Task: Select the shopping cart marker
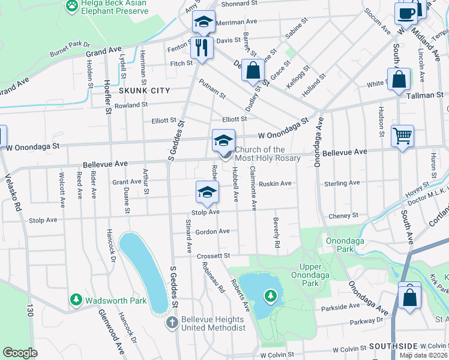pos(402,135)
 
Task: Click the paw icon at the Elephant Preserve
pos(72,5)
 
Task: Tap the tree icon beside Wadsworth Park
pos(76,299)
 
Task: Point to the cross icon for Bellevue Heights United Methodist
pos(172,323)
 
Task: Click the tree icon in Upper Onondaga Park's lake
pos(271,295)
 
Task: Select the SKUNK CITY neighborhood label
pos(144,91)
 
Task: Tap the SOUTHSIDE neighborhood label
pos(393,346)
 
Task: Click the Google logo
pos(20,353)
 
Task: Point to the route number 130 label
pos(28,311)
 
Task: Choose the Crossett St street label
pos(214,256)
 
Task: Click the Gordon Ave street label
pos(212,232)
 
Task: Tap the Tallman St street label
pos(426,95)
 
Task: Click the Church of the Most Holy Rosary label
pos(259,154)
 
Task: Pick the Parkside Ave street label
pos(340,307)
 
